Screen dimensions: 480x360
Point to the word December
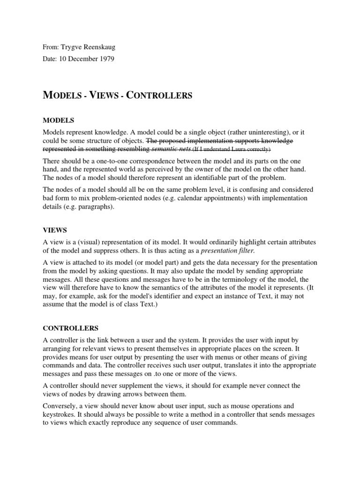point(83,59)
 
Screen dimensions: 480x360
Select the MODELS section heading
point(59,120)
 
